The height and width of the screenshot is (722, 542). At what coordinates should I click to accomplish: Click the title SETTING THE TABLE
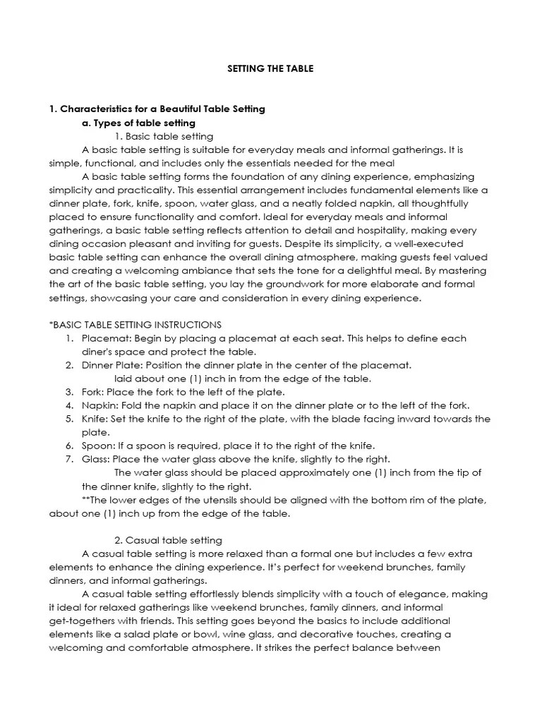pyautogui.click(x=271, y=69)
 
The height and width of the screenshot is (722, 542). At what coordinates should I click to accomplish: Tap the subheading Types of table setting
pyautogui.click(x=144, y=123)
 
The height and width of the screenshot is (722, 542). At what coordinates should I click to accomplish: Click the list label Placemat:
pyautogui.click(x=107, y=338)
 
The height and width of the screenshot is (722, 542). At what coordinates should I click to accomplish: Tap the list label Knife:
pyautogui.click(x=97, y=419)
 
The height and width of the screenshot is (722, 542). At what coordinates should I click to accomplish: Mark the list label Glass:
pyautogui.click(x=96, y=459)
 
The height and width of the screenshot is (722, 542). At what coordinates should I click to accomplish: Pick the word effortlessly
pyautogui.click(x=229, y=594)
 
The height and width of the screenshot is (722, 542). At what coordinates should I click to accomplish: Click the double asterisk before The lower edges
pyautogui.click(x=85, y=500)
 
